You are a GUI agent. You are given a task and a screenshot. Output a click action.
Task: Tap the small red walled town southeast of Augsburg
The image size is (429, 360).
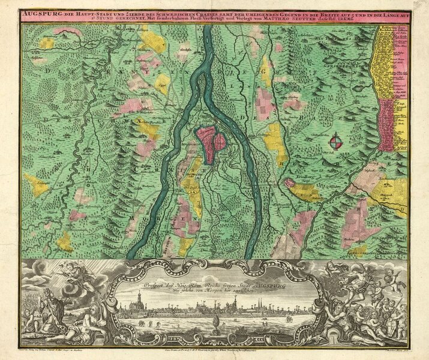pos(289,182)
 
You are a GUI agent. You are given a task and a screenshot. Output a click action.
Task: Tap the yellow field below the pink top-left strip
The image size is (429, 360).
pos(46,43)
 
